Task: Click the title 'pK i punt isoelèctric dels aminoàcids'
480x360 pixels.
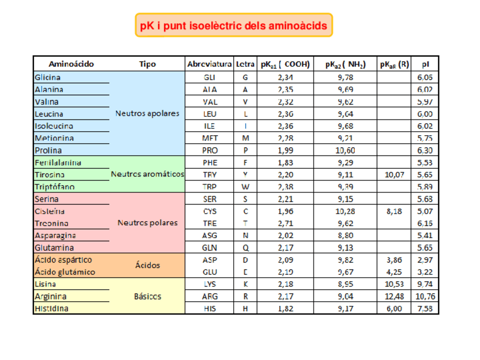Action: click(x=233, y=26)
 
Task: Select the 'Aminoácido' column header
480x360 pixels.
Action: click(x=71, y=65)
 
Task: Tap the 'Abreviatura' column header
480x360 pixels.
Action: click(x=209, y=65)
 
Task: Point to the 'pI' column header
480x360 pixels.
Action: click(x=425, y=65)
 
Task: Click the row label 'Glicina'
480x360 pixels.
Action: click(x=48, y=78)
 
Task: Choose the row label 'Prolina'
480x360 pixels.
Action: click(x=48, y=151)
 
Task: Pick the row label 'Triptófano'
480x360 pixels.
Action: click(x=55, y=187)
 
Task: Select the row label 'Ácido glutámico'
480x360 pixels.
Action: click(x=65, y=272)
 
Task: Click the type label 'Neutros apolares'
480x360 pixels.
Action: click(x=147, y=113)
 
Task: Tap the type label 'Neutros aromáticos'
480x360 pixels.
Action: click(x=147, y=174)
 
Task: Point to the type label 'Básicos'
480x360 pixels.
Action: click(x=147, y=296)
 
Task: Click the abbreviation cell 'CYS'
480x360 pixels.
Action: click(x=209, y=211)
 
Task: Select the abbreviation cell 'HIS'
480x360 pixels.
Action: click(x=209, y=308)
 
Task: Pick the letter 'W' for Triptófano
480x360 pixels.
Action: click(x=245, y=187)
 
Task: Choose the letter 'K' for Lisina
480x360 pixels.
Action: click(x=245, y=284)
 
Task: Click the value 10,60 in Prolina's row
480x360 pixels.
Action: click(x=345, y=151)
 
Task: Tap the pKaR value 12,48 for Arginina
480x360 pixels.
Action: click(x=395, y=296)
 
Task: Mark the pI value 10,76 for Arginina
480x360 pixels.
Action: click(x=425, y=296)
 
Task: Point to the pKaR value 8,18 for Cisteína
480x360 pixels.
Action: click(x=395, y=211)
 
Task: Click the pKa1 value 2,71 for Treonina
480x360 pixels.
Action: click(x=285, y=223)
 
